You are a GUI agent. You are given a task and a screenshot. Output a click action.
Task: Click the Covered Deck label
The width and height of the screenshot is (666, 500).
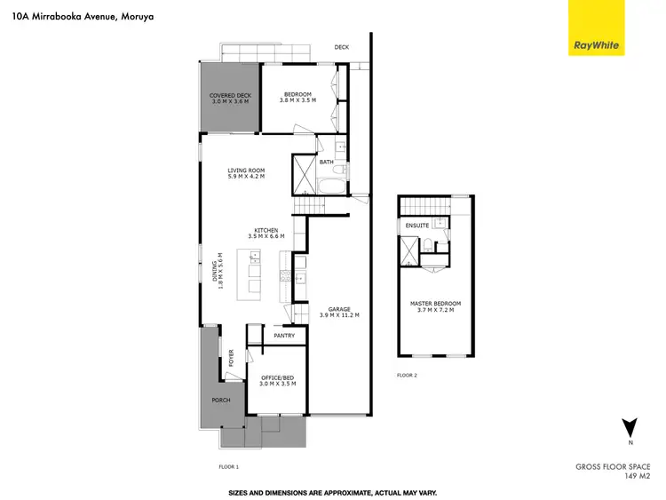[230, 99]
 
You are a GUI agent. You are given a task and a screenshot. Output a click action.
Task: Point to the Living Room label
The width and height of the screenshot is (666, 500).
[246, 173]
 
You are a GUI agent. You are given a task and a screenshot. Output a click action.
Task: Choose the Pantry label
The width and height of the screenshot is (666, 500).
[284, 336]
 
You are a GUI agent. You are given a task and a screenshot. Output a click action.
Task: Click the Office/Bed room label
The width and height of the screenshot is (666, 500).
[275, 380]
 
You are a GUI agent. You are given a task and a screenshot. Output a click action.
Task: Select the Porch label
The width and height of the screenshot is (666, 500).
[220, 400]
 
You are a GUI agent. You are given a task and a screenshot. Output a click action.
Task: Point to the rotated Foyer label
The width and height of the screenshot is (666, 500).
[232, 358]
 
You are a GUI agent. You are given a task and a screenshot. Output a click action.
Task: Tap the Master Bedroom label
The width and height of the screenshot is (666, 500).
[435, 307]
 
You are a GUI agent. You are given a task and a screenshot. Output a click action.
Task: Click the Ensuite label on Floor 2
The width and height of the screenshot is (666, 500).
[417, 226]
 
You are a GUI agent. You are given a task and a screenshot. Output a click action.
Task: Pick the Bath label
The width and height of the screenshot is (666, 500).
[326, 162]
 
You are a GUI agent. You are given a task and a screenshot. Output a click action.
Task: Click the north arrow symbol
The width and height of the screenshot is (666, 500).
[630, 427]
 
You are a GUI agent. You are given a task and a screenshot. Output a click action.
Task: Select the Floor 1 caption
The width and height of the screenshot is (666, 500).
[229, 465]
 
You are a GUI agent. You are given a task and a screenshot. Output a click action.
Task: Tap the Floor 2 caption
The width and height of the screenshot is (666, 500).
[407, 377]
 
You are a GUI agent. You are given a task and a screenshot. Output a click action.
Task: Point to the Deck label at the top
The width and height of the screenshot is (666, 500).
[341, 47]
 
